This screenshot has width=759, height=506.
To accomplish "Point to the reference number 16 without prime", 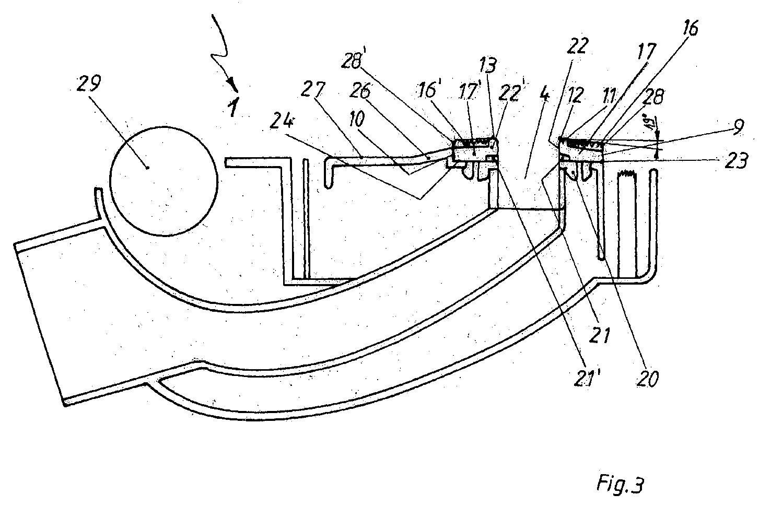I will click(689, 30).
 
